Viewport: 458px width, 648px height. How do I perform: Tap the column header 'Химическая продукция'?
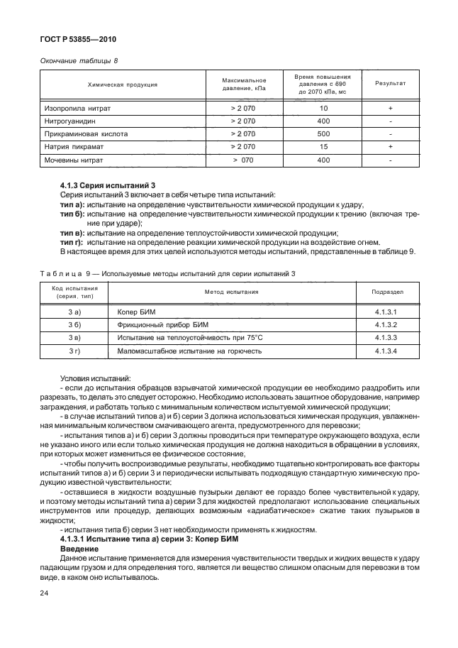(122, 84)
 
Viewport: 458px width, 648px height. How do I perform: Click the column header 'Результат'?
(390, 84)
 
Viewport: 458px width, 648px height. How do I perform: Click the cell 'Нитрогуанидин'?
(70, 121)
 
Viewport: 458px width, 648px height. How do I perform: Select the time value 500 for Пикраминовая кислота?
(323, 134)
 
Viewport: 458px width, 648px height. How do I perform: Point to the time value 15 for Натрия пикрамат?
(323, 147)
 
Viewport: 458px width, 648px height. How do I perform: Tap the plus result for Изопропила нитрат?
(390, 109)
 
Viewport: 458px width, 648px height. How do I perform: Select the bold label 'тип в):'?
(73, 234)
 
